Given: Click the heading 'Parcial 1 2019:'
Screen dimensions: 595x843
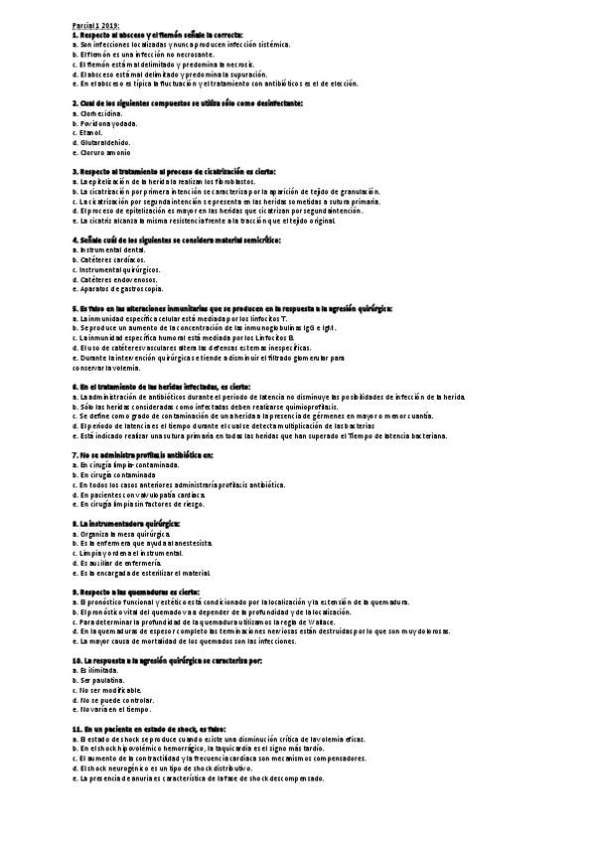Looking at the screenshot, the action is pyautogui.click(x=95, y=25).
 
